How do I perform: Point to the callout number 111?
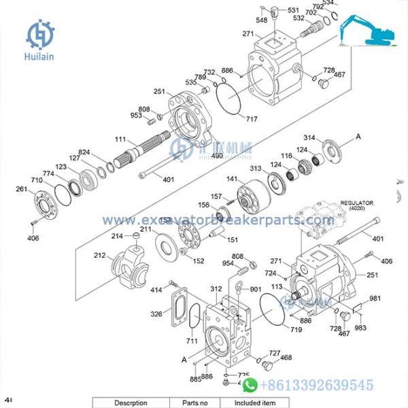pos(121,139)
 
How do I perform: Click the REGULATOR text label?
pos(358,203)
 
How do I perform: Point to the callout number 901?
pos(255,289)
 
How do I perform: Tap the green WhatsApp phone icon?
pos(251,386)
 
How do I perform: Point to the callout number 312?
pos(216,288)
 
